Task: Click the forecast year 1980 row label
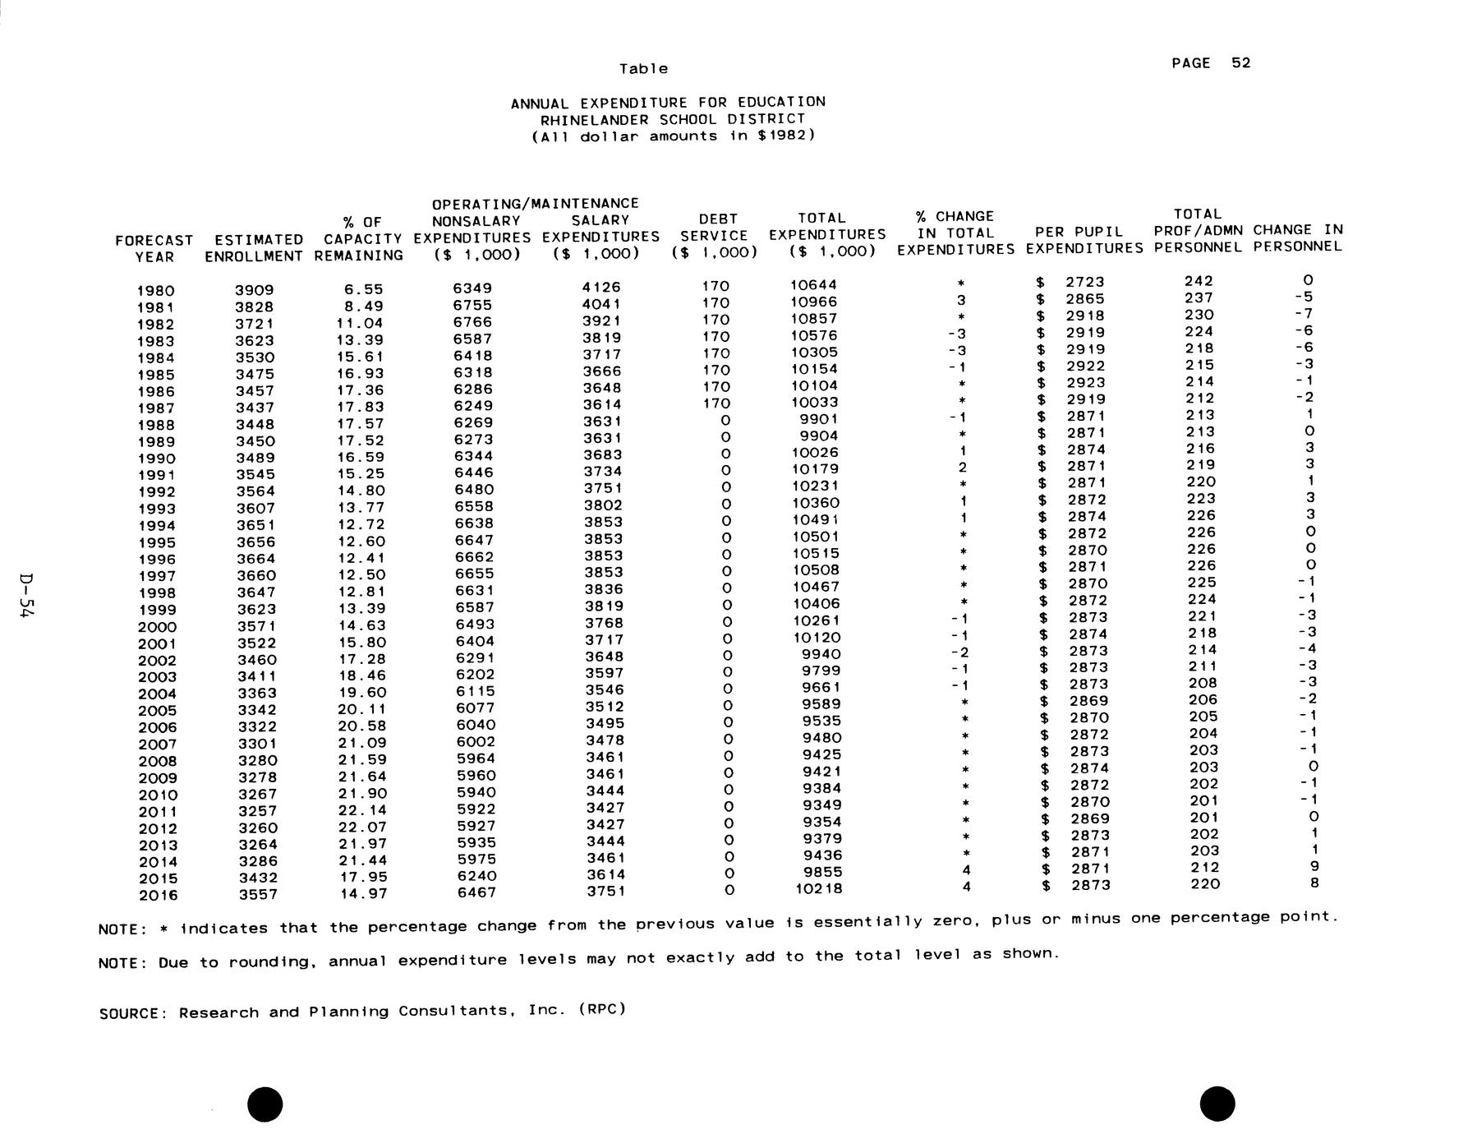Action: point(155,291)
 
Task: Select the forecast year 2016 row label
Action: point(158,896)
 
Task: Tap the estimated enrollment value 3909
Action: point(255,290)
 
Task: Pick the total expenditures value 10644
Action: point(813,285)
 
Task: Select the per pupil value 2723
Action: point(1084,282)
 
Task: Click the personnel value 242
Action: point(1199,281)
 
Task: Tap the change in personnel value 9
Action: point(1314,866)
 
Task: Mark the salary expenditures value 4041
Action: point(601,304)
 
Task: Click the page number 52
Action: point(1240,63)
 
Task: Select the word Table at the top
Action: point(643,69)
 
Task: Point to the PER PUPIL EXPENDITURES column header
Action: point(1084,240)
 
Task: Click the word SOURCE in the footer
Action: point(132,1013)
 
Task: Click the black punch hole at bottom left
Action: point(265,1103)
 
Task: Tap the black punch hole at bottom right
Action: point(1217,1103)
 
